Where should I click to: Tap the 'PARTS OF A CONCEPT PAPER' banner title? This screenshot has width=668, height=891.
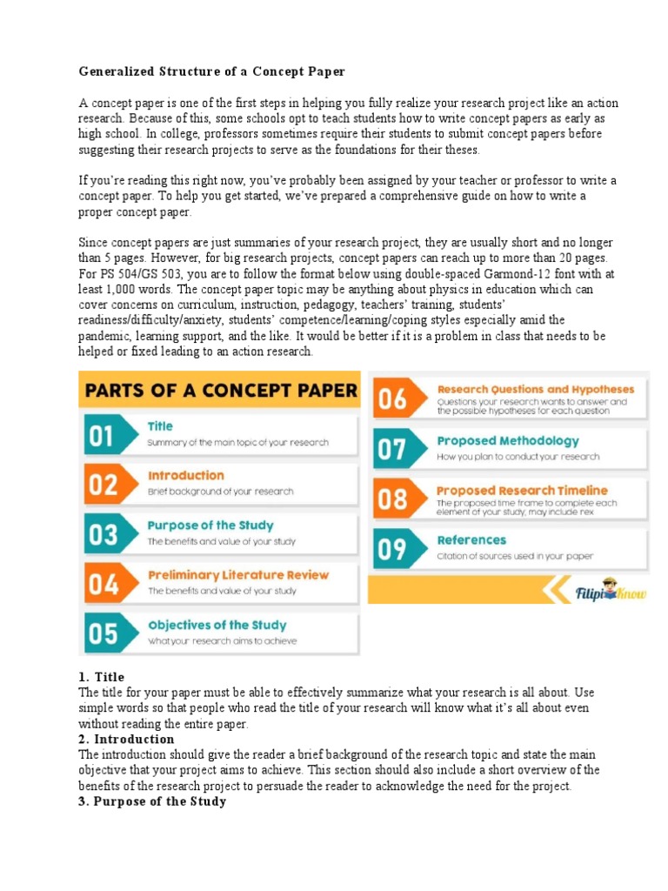point(219,390)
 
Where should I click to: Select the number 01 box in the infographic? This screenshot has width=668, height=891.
point(103,435)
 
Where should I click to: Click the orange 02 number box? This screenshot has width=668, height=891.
point(103,485)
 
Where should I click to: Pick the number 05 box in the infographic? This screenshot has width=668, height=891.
point(103,633)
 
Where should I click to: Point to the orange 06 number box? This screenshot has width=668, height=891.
point(392,399)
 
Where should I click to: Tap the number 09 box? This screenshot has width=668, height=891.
point(392,549)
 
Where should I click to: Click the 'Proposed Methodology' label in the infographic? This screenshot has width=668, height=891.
point(507,441)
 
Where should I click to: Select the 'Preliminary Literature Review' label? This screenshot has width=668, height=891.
point(237,575)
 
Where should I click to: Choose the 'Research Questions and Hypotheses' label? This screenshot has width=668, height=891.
point(535,390)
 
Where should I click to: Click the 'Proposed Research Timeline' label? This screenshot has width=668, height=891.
point(522,491)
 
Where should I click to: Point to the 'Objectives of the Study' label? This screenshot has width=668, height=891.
point(217,625)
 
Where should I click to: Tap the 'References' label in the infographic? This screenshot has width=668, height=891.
point(471,540)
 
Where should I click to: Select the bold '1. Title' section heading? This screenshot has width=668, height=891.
point(102,677)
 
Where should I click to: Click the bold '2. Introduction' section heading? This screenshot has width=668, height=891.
point(126,740)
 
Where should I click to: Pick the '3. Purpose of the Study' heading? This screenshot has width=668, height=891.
point(152,801)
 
